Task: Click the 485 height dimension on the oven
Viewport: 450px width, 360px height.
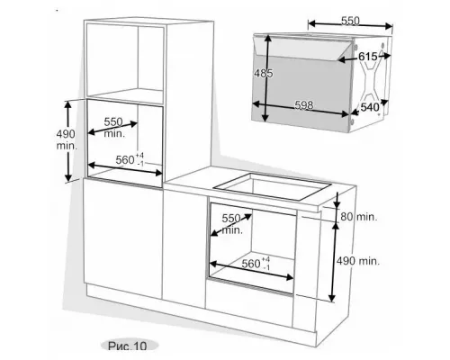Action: [x=264, y=74]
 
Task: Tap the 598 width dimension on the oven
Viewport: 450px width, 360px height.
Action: [x=304, y=105]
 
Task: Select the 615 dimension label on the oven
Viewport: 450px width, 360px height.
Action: [x=368, y=57]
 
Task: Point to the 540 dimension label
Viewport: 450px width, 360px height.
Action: [x=370, y=107]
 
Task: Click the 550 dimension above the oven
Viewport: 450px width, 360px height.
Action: [x=350, y=21]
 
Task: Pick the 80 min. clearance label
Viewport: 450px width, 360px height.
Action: [x=358, y=217]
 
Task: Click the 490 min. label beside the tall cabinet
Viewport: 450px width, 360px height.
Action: [x=66, y=139]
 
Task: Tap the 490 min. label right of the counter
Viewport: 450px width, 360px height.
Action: [x=358, y=261]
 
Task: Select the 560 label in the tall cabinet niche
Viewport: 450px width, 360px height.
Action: [x=125, y=160]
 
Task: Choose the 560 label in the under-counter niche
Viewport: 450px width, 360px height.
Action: [x=251, y=264]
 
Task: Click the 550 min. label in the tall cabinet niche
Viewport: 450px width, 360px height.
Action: [x=113, y=128]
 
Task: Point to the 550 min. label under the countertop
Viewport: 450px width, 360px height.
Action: [x=232, y=224]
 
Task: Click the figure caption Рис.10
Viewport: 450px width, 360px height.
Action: [x=128, y=346]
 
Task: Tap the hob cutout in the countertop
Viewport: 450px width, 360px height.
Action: [x=272, y=187]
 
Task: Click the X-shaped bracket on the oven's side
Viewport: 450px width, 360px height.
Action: [x=372, y=81]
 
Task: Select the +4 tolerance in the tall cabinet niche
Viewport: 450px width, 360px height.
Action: [x=139, y=156]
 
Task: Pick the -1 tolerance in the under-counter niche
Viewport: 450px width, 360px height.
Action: [x=265, y=267]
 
